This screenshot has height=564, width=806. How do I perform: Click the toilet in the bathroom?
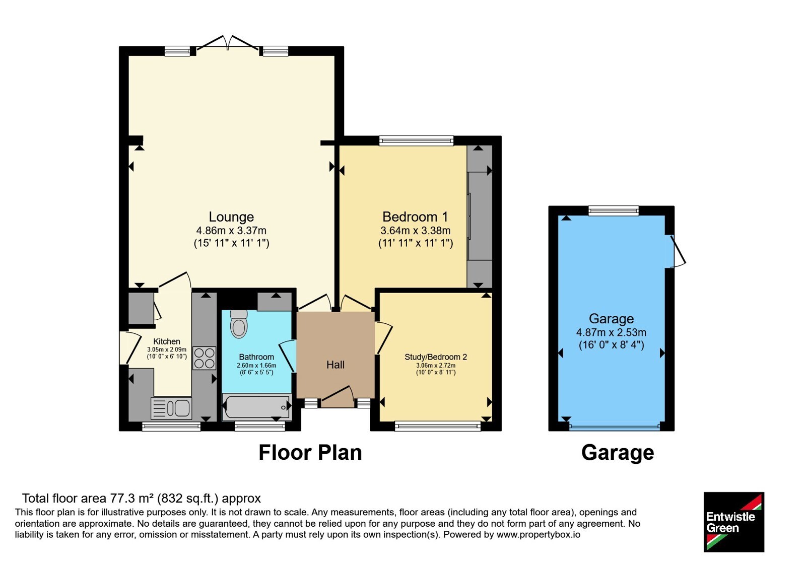(x=239, y=324)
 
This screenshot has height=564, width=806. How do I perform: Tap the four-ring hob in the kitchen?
(x=205, y=358)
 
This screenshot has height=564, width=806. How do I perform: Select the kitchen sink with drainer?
(x=171, y=408)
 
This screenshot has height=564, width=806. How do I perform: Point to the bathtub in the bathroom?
(x=256, y=407)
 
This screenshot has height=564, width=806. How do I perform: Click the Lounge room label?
(x=231, y=217)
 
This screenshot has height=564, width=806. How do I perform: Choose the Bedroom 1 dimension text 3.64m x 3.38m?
(x=416, y=230)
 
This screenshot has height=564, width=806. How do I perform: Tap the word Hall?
(x=335, y=365)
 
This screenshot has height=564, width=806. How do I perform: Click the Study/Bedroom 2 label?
(x=436, y=357)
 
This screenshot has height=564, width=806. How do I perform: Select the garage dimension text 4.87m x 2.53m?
(x=612, y=332)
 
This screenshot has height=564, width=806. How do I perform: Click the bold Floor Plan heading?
(x=310, y=453)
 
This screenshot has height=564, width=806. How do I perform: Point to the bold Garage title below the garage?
(x=618, y=453)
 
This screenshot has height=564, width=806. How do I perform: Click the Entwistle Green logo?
(x=733, y=522)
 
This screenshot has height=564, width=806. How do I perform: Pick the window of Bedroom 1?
(x=416, y=140)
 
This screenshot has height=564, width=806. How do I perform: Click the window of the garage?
(x=614, y=210)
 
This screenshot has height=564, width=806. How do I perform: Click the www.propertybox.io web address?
(x=539, y=534)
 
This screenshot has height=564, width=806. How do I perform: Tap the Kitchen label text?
(x=167, y=341)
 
